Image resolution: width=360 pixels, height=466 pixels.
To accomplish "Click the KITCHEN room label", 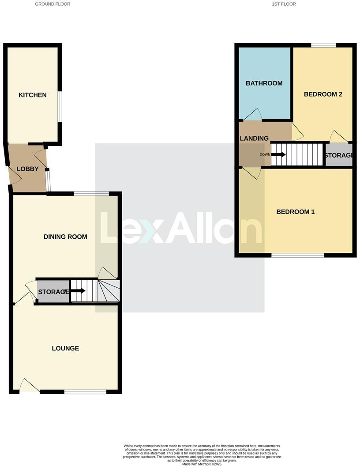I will point(32,95).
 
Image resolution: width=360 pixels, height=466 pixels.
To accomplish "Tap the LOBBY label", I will point(27,169).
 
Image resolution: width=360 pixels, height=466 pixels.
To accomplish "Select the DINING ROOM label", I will point(65,237).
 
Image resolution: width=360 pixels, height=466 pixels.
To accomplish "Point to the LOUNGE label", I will point(65,349).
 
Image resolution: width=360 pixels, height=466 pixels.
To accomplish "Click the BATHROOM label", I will point(264,83).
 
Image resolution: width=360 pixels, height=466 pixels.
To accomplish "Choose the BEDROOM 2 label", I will point(323,94).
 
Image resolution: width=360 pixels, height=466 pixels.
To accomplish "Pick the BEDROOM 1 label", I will point(295,212).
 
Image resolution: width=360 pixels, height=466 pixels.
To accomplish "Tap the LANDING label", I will point(254,139).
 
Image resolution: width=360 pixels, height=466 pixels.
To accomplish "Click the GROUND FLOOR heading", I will point(52,4).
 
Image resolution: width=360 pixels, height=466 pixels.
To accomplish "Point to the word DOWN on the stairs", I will point(265,154).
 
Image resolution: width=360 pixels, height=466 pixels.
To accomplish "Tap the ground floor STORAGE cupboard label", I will point(53,292).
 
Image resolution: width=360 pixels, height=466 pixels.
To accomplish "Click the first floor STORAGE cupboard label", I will point(338,155).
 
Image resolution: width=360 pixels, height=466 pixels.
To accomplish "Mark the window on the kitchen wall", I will point(61,106).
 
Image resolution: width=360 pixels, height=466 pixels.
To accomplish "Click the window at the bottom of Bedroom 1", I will point(298,255).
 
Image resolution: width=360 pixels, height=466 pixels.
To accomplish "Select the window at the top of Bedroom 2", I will point(323,45).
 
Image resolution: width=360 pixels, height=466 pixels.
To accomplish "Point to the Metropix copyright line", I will point(202,464).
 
